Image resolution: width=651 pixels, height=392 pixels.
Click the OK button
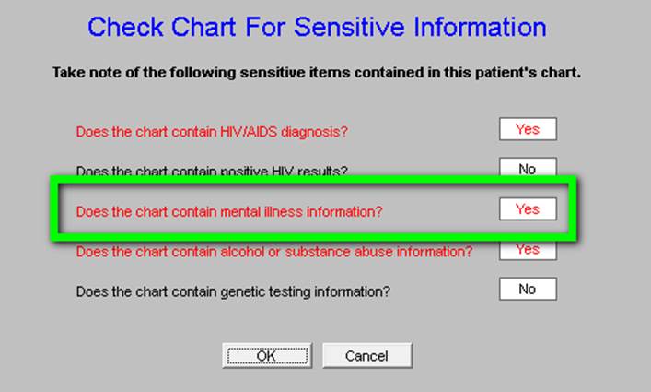(267, 355)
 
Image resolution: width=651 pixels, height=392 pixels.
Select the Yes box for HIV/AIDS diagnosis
(528, 129)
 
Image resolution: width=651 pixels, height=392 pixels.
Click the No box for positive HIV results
(528, 167)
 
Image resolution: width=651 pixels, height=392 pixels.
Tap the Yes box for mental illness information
(528, 208)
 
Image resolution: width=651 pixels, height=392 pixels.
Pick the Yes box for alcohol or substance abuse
(528, 250)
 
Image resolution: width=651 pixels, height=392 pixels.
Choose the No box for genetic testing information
(528, 289)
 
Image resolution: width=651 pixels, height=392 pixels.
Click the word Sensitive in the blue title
(349, 27)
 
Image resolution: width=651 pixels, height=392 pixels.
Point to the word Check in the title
(125, 27)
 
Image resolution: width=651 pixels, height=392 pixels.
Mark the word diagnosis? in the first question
(314, 132)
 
